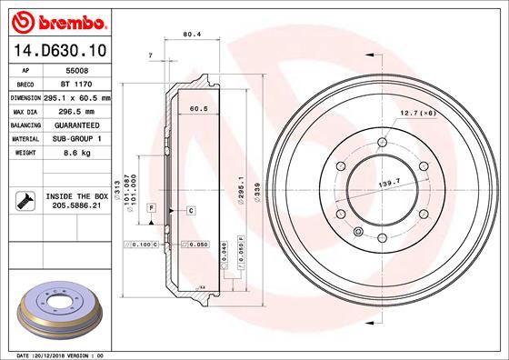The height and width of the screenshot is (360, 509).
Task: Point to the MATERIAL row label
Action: coord(24,139)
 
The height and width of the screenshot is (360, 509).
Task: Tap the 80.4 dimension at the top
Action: coord(192,35)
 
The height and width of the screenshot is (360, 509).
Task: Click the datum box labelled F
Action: coord(150,209)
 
